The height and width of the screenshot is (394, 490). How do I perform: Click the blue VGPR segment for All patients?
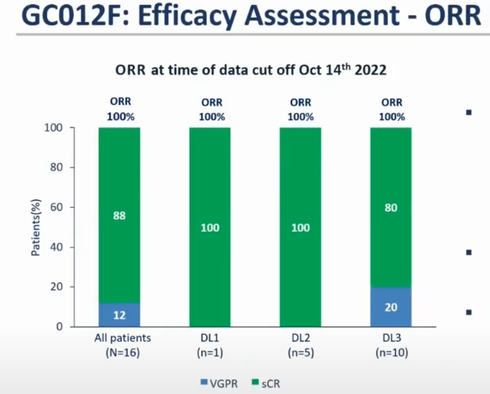coord(119,315)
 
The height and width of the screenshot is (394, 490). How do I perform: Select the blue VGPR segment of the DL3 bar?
coord(391,307)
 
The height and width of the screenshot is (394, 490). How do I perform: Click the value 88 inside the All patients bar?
coord(119,216)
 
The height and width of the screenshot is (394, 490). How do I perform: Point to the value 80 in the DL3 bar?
coord(391,208)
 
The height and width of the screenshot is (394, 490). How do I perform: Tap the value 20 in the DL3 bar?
coord(391,308)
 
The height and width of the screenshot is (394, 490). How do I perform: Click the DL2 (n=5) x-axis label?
coord(300,344)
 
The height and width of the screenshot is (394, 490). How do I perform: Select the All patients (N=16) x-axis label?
coord(119,344)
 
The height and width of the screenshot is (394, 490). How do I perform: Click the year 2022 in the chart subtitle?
coord(369,71)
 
